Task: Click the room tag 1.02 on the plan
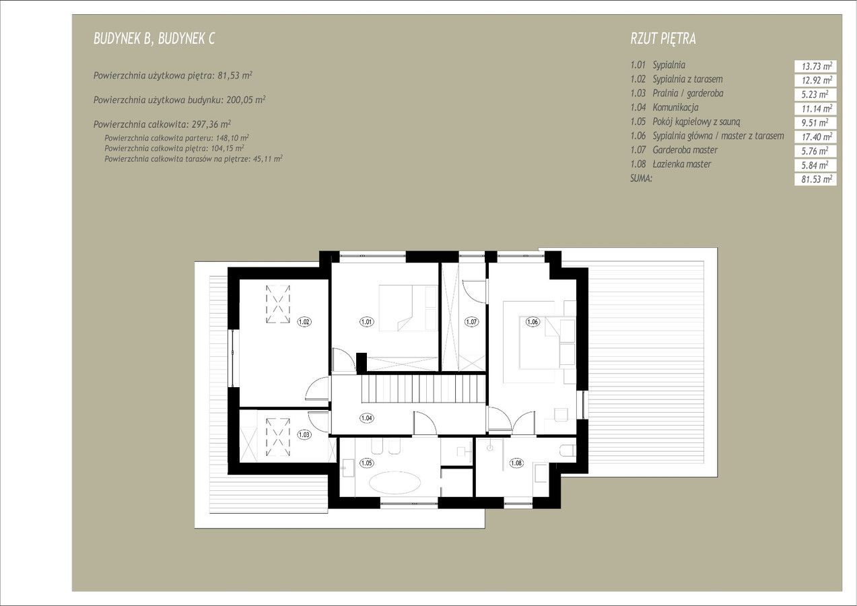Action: (x=304, y=322)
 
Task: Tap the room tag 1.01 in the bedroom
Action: (x=366, y=322)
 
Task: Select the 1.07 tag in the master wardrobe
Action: (x=471, y=322)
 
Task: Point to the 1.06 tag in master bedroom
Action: (x=533, y=322)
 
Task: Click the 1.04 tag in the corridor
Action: (x=366, y=418)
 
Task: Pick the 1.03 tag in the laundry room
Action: (x=304, y=434)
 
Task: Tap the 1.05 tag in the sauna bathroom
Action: (x=366, y=463)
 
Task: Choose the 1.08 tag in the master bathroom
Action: (x=516, y=463)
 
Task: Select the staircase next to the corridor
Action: (x=423, y=389)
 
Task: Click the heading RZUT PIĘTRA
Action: (x=663, y=38)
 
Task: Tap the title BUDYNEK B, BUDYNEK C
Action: (x=154, y=38)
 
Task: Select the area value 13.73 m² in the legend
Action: (x=815, y=66)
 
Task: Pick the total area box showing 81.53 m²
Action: (x=815, y=179)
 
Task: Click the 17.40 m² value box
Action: (x=815, y=137)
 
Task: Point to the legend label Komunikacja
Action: (x=676, y=108)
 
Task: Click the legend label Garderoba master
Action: (x=685, y=150)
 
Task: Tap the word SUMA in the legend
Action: (x=641, y=178)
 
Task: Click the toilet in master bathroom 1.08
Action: (x=568, y=450)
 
